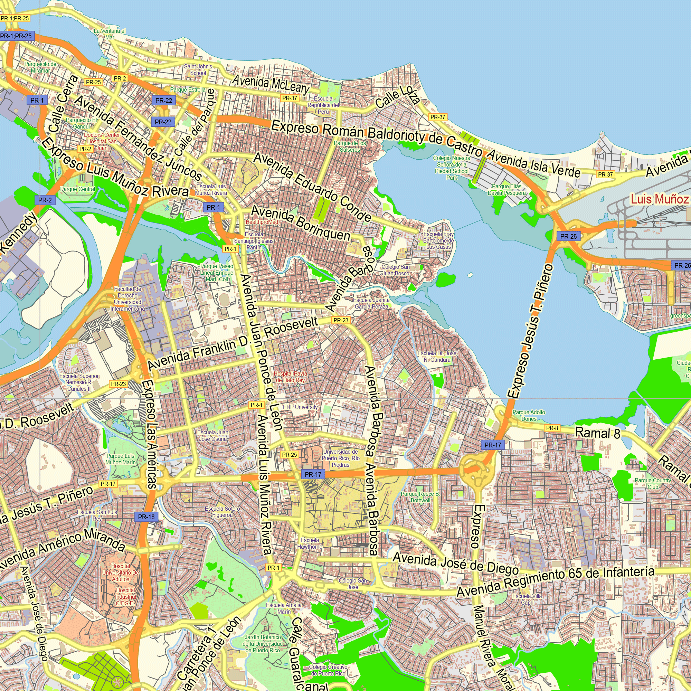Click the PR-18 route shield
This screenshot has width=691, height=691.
point(146,517)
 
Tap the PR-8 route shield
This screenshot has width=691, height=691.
point(552,428)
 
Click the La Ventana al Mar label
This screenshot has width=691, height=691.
point(110,34)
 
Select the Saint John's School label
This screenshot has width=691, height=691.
point(198,70)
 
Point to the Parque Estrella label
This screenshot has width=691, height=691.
point(188,90)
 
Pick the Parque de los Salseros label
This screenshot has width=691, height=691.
point(350,146)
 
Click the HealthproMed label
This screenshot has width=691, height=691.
point(262,222)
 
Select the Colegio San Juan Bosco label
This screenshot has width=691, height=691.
point(396,271)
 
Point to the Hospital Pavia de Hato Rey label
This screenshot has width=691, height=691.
point(291,377)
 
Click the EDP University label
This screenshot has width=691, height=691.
point(300,407)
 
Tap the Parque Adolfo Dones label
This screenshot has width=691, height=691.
point(529,416)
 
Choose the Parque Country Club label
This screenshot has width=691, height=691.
point(653,484)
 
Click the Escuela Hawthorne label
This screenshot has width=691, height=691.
point(310,543)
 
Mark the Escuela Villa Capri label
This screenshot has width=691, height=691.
point(527,599)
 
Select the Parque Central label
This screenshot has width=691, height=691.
point(78,189)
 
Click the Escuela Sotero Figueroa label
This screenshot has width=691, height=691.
point(223,512)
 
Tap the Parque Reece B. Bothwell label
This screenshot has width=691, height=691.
point(420,497)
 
